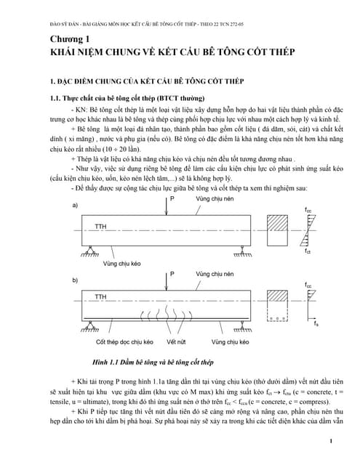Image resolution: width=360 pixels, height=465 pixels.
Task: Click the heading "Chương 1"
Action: click(71, 39)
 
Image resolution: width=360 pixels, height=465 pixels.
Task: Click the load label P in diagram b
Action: click(173, 274)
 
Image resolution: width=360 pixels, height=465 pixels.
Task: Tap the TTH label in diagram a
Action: click(102, 226)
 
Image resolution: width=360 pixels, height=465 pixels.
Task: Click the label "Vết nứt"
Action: click(176, 340)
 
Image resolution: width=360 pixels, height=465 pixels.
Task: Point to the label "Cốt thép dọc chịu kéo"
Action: click(121, 340)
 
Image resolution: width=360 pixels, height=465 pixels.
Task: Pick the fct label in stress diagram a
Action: click(308, 251)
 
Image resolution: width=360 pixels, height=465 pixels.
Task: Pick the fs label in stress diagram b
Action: click(316, 323)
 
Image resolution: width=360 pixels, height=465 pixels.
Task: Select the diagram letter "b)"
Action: click(75, 279)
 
